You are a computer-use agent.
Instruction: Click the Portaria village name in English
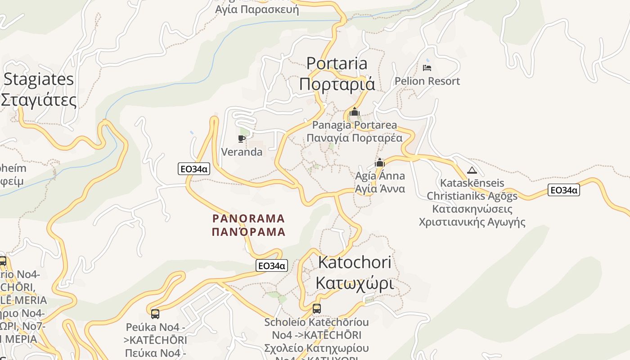337,63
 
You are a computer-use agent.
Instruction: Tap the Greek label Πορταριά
337,84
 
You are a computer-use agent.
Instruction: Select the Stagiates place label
39,80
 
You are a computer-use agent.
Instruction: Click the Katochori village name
355,262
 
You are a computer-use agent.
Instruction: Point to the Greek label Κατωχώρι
355,283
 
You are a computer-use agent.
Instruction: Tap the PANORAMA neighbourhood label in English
248,219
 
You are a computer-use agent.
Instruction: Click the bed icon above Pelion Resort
427,68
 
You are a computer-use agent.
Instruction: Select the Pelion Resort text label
427,81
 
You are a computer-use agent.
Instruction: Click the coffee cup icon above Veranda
242,138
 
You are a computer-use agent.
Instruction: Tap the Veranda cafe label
242,152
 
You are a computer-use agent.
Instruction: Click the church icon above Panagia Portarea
355,111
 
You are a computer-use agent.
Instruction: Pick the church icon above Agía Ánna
380,162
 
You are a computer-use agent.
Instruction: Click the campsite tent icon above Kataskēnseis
472,170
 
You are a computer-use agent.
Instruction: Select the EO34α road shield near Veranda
194,169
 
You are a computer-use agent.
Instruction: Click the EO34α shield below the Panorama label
271,265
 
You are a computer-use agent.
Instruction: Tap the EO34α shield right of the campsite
563,190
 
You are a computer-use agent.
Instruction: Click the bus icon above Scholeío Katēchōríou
317,309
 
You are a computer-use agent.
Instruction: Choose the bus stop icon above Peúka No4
155,314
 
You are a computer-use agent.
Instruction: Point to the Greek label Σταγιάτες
39,100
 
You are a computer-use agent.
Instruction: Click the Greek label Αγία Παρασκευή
257,9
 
